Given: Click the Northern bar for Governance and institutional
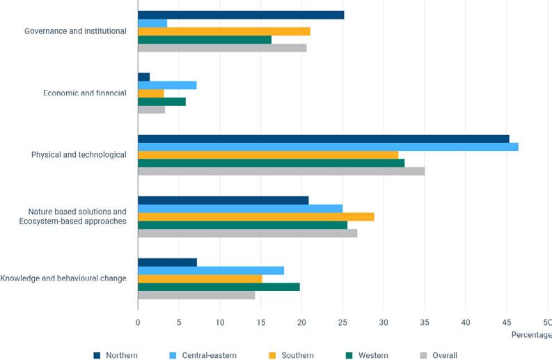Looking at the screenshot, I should [241, 15].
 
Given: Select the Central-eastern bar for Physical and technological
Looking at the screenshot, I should [328, 147].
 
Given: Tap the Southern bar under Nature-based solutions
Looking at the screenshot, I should [256, 217].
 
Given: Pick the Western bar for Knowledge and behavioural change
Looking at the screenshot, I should [219, 286].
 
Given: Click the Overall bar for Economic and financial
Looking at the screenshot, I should [151, 109].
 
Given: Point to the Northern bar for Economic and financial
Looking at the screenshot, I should [143, 77].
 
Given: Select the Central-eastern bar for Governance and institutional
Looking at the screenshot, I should [152, 23].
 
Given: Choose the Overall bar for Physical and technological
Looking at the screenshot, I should [281, 171].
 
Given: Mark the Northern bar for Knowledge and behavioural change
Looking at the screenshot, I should [167, 262].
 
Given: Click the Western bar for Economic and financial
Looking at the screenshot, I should [161, 101].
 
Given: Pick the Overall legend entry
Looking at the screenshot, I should [439, 355].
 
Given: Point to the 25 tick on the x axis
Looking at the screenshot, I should [342, 322].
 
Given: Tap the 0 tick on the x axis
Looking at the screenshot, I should [138, 322].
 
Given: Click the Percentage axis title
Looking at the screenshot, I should [531, 335].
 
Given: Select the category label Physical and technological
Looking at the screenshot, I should [79, 155].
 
